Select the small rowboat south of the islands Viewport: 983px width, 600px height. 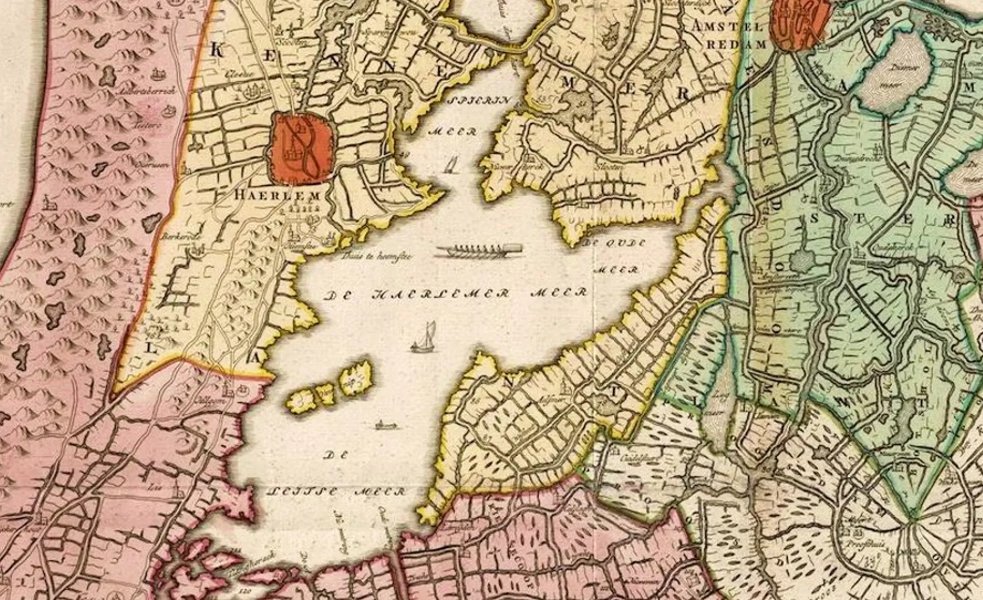click(386, 425)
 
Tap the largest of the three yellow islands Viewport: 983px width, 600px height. click(356, 378)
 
